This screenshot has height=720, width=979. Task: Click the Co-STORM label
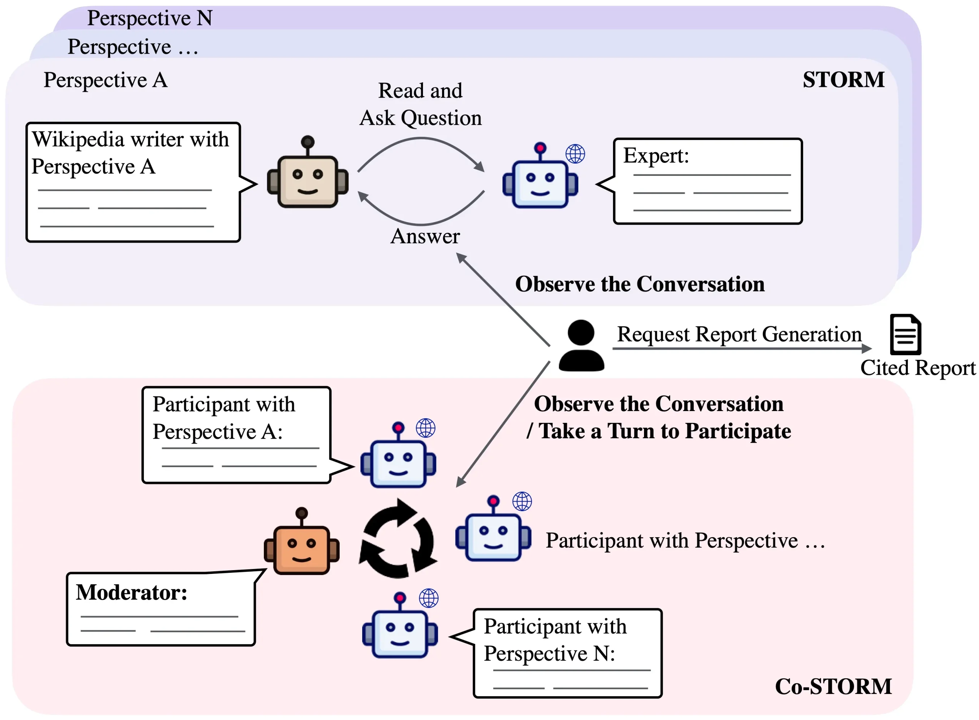[833, 686]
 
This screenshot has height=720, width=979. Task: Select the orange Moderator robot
[301, 545]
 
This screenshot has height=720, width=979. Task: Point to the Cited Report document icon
[905, 335]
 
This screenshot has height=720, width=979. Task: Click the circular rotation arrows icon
[398, 539]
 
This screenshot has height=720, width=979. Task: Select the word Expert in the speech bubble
[655, 156]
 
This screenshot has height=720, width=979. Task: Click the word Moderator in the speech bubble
[131, 592]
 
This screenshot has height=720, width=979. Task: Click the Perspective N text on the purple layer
[150, 18]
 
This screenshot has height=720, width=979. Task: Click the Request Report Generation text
[739, 334]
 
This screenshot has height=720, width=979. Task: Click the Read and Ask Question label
[420, 105]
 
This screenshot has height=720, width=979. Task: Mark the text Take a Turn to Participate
[664, 431]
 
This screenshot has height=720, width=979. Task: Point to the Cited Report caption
[917, 368]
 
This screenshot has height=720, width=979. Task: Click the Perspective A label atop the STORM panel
[106, 80]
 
